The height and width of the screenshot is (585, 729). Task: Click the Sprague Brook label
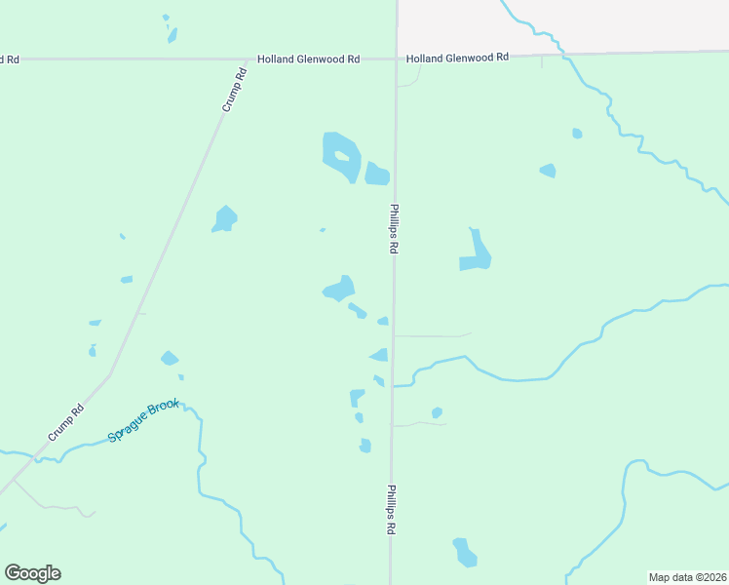pos(144,421)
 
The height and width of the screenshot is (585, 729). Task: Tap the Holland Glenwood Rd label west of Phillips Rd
pos(308,59)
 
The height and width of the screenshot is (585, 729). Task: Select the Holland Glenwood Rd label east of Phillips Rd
pos(457,58)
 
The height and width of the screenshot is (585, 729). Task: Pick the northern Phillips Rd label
pos(394,228)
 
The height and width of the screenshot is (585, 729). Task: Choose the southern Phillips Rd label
pos(391,510)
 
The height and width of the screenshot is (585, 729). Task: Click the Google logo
pos(32,573)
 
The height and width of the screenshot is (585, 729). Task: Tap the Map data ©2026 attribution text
pos(687,577)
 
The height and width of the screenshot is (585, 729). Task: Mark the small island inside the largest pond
pos(341,156)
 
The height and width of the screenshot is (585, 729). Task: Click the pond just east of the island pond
pos(377,175)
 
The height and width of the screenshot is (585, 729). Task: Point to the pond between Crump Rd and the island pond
pos(225,219)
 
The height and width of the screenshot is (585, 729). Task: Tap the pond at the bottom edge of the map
pos(465,552)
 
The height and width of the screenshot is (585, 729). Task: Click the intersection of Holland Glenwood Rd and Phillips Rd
pos(396,58)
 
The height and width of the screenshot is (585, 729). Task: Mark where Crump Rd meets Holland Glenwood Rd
pos(250,59)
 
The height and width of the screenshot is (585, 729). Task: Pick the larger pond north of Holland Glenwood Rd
pos(173,35)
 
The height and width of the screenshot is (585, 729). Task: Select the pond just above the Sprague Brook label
pos(170,359)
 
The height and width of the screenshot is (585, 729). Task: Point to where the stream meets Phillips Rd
pos(393,386)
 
